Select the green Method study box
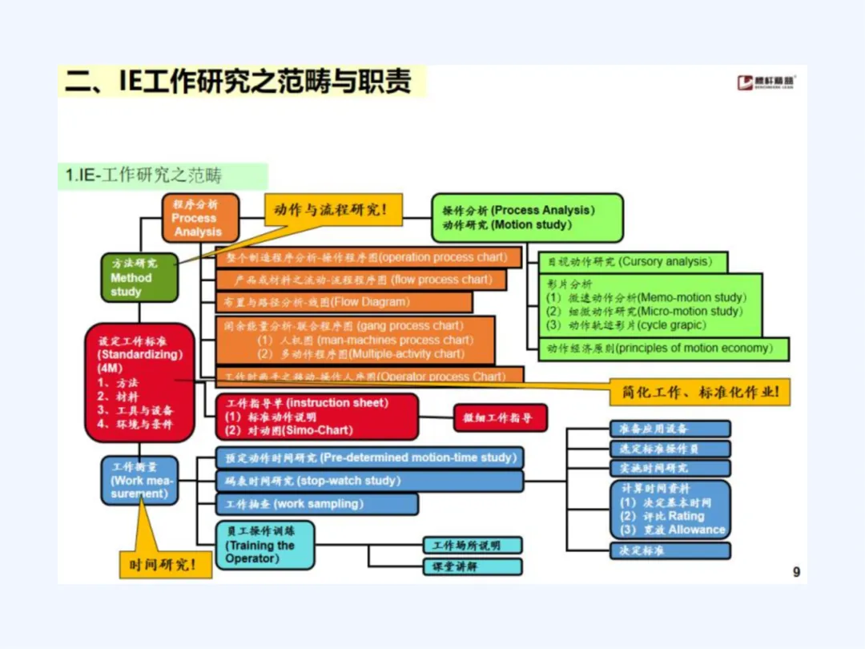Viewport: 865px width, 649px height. pos(139,277)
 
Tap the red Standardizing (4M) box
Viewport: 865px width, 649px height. pos(140,383)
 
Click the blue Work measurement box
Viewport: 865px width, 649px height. pos(139,480)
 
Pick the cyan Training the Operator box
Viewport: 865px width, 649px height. pos(264,545)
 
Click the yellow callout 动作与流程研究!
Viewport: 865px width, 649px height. pos(332,210)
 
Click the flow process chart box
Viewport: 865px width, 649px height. pos(361,280)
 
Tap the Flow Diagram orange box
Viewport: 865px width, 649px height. pos(344,302)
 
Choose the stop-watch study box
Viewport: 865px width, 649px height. pos(368,481)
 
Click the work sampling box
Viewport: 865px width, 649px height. pos(316,504)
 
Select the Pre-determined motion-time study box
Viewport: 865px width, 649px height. pos(369,458)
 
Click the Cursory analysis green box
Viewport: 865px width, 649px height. pos(632,262)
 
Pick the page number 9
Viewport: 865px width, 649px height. pos(796,572)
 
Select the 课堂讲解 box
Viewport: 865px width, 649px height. pos(473,566)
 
